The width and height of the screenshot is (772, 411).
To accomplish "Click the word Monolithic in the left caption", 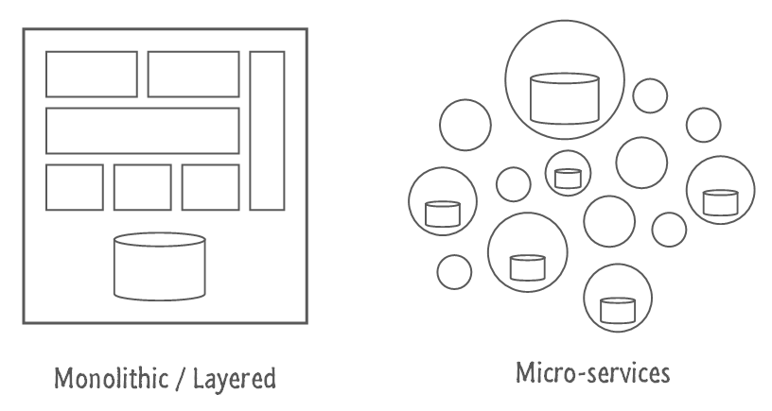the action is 111,379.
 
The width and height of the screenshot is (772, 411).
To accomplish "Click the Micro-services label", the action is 593,372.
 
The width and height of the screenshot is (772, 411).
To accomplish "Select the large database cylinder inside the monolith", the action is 160,266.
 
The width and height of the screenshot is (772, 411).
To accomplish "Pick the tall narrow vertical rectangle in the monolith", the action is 267,130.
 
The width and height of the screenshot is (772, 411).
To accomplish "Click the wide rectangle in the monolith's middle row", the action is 142,130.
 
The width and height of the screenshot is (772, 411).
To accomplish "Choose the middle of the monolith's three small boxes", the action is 142,187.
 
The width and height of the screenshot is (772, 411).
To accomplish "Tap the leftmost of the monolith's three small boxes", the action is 75,187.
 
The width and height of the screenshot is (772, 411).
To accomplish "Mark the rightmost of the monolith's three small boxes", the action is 210,187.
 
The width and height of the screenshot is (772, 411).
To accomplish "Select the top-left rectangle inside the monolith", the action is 92,75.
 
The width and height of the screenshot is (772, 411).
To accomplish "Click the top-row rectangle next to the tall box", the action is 194,75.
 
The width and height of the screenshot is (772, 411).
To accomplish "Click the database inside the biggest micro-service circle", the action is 564,98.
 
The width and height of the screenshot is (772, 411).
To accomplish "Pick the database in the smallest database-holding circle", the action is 568,179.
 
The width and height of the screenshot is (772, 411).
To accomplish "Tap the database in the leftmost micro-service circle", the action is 443,214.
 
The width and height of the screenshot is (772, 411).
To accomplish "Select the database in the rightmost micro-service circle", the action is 720,202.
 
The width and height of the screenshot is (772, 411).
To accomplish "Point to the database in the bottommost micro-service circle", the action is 618,310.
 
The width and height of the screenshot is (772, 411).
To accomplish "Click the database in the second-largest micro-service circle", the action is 527,267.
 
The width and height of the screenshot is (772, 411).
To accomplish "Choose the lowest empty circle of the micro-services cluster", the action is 454,272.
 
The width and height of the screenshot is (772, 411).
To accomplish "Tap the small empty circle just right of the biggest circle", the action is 650,95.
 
